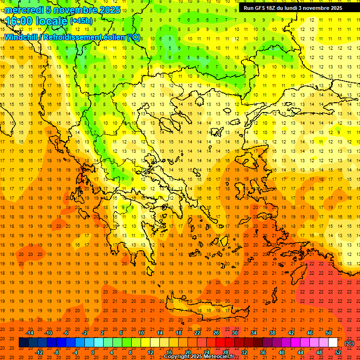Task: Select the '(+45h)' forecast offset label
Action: (82, 21)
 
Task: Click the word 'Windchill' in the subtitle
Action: (21, 37)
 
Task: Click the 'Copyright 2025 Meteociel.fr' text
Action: (199, 356)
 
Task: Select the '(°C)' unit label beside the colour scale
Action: (349, 343)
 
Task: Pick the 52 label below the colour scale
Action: (338, 352)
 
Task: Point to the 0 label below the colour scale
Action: (93, 352)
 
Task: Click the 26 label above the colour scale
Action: (216, 333)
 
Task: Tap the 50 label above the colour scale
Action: (329, 333)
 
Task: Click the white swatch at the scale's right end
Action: (333, 343)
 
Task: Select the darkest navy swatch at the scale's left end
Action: (23, 343)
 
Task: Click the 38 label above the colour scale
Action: (272, 333)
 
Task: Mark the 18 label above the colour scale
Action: (178, 333)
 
